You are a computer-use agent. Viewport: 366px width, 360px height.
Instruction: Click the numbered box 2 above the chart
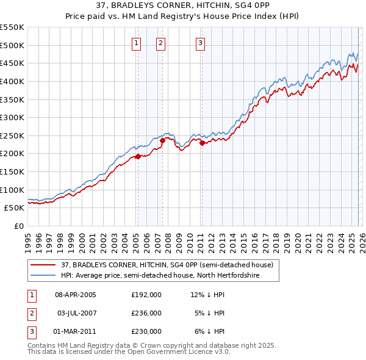[x=160, y=43]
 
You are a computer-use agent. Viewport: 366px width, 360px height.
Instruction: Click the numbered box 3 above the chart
[x=200, y=43]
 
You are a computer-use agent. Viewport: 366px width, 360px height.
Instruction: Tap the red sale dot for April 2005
[x=138, y=156]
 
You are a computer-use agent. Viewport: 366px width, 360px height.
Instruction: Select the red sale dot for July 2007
[x=162, y=140]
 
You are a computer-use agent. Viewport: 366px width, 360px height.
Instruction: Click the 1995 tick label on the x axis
[x=27, y=238]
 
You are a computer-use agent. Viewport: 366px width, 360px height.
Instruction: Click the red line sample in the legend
[x=43, y=265]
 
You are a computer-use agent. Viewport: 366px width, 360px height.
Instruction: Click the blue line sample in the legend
[x=43, y=276]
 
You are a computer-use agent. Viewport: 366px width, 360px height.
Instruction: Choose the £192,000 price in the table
[x=146, y=294]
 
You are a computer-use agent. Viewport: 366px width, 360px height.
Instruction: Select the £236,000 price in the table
[x=146, y=313]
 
